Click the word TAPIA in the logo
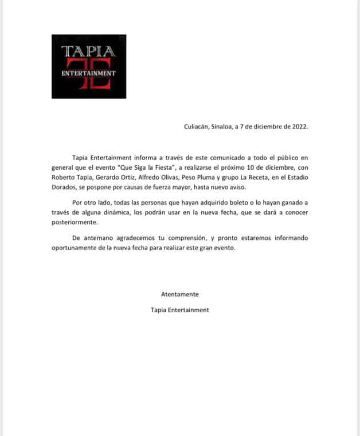tap(88, 50)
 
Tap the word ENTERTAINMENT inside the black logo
tap(88, 73)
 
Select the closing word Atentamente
tap(179, 294)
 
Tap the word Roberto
tap(64, 177)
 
